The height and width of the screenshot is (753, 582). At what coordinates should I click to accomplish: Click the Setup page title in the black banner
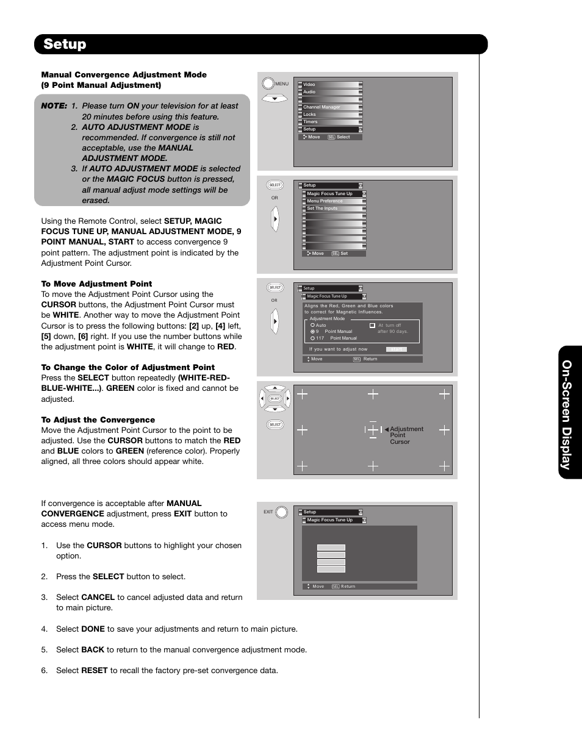coord(65,44)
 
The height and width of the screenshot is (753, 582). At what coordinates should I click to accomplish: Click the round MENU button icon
coord(268,84)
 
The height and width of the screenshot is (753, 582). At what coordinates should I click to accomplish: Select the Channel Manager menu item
coord(322,107)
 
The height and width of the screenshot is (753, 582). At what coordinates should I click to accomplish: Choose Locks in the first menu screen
coord(310,114)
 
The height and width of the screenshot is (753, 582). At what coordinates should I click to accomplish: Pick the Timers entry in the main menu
coord(311,121)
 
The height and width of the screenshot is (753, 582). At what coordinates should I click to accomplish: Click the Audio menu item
coord(310,92)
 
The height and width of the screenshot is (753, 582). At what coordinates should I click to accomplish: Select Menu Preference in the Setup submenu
coord(325,201)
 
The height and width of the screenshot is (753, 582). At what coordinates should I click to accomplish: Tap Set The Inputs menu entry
coord(322,208)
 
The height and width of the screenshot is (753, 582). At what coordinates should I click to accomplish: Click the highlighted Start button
coord(396,349)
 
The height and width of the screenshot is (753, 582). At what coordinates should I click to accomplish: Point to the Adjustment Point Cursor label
coord(405,435)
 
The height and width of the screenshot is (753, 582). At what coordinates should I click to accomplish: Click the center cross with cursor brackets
coord(373,429)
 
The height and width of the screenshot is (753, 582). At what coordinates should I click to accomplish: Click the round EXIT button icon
coord(282,512)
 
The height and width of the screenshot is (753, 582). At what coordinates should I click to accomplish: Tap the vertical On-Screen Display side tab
coord(567,415)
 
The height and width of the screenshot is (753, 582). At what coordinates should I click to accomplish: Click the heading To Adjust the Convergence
coord(98,419)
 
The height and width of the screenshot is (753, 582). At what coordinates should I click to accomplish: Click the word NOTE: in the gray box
coord(54,105)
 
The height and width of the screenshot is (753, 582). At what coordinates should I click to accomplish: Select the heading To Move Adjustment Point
coord(96,284)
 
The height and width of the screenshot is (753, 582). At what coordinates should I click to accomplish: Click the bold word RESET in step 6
coord(94,670)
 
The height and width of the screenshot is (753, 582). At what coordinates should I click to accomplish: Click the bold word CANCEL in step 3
coord(98,597)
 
